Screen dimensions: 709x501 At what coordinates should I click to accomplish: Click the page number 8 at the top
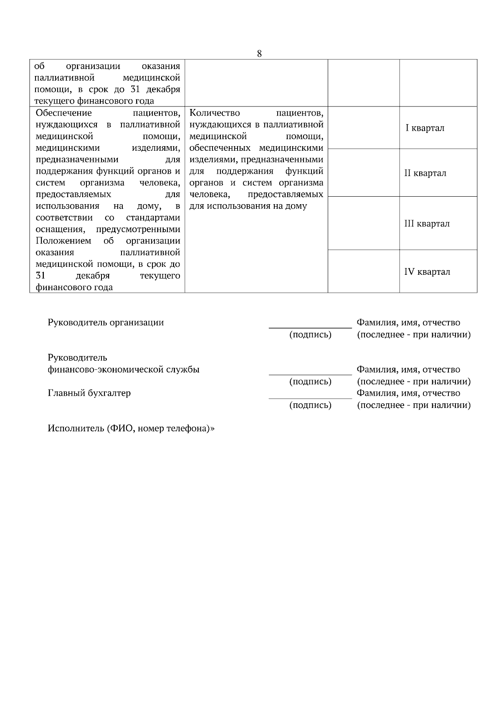(259, 53)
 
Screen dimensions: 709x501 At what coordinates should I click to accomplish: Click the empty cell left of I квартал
(364, 128)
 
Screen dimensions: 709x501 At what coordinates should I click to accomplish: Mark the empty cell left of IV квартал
(364, 271)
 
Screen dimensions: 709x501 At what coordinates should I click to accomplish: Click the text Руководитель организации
(106, 322)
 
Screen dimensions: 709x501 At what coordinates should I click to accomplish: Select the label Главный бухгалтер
(89, 393)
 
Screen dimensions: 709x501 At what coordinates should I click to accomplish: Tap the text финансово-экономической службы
(124, 370)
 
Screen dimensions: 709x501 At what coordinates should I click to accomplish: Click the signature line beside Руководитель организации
(310, 328)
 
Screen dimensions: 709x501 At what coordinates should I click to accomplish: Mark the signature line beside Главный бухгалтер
(310, 398)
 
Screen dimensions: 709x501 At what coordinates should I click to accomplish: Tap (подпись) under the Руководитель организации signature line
(310, 335)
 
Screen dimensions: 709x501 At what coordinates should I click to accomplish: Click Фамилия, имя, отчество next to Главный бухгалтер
(408, 393)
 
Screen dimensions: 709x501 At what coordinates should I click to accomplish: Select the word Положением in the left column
(63, 241)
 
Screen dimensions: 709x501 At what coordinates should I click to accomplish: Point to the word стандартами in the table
(153, 218)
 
